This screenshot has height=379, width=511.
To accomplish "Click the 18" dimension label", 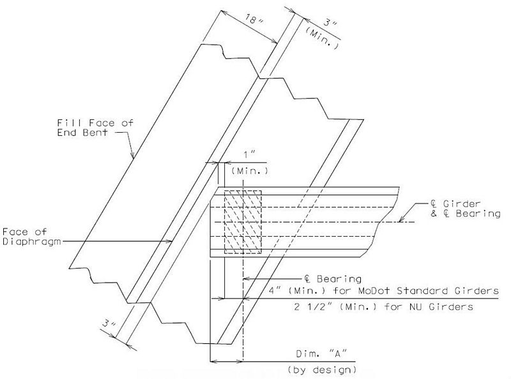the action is point(254,20).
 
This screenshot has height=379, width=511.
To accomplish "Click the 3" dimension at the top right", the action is point(330,24).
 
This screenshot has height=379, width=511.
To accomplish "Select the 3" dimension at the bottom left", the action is point(109,323).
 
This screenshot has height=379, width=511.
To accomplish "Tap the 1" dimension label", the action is point(250,154).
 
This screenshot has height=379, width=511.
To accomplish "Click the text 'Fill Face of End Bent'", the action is point(95,128).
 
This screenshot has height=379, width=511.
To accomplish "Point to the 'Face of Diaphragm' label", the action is point(31,236).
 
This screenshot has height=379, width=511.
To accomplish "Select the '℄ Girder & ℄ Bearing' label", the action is point(466,209).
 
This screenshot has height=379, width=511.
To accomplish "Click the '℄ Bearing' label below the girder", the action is point(333,279).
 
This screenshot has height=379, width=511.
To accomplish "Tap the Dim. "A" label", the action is point(321,353).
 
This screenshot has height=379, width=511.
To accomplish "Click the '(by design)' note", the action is point(322,370).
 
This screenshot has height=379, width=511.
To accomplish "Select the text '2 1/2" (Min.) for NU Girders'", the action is point(383,307).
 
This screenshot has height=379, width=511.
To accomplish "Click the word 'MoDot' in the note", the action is point(374,290).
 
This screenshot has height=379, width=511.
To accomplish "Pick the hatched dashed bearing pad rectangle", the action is point(243,222).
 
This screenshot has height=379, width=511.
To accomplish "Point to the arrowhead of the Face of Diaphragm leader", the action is point(169,241).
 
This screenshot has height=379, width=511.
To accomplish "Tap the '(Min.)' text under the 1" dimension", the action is point(250,171).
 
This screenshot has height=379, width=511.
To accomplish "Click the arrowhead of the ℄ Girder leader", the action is point(402,219).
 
